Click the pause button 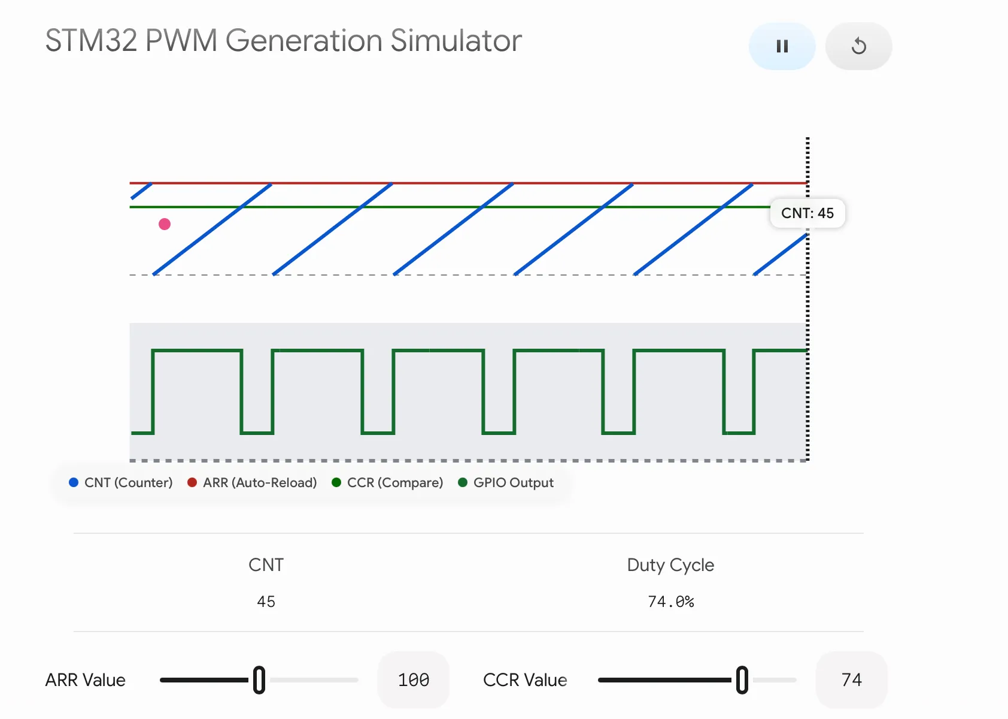pyautogui.click(x=782, y=46)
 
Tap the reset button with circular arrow pyautogui.click(x=858, y=46)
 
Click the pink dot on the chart pyautogui.click(x=165, y=224)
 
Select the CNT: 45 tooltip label pyautogui.click(x=807, y=213)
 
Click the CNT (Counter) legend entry pyautogui.click(x=120, y=482)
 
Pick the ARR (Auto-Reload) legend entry pyautogui.click(x=252, y=482)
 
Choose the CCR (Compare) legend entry pyautogui.click(x=387, y=482)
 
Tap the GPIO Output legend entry pyautogui.click(x=505, y=482)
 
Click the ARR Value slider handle pyautogui.click(x=259, y=680)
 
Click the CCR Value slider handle pyautogui.click(x=742, y=680)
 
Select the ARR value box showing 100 pyautogui.click(x=414, y=680)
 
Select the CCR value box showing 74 pyautogui.click(x=851, y=680)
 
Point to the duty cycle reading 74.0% pyautogui.click(x=671, y=602)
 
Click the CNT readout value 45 pyautogui.click(x=266, y=602)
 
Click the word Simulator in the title pyautogui.click(x=456, y=41)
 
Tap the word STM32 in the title pyautogui.click(x=92, y=41)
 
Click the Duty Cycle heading pyautogui.click(x=670, y=565)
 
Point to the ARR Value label pyautogui.click(x=86, y=680)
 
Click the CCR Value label pyautogui.click(x=525, y=680)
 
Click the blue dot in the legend pyautogui.click(x=74, y=482)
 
